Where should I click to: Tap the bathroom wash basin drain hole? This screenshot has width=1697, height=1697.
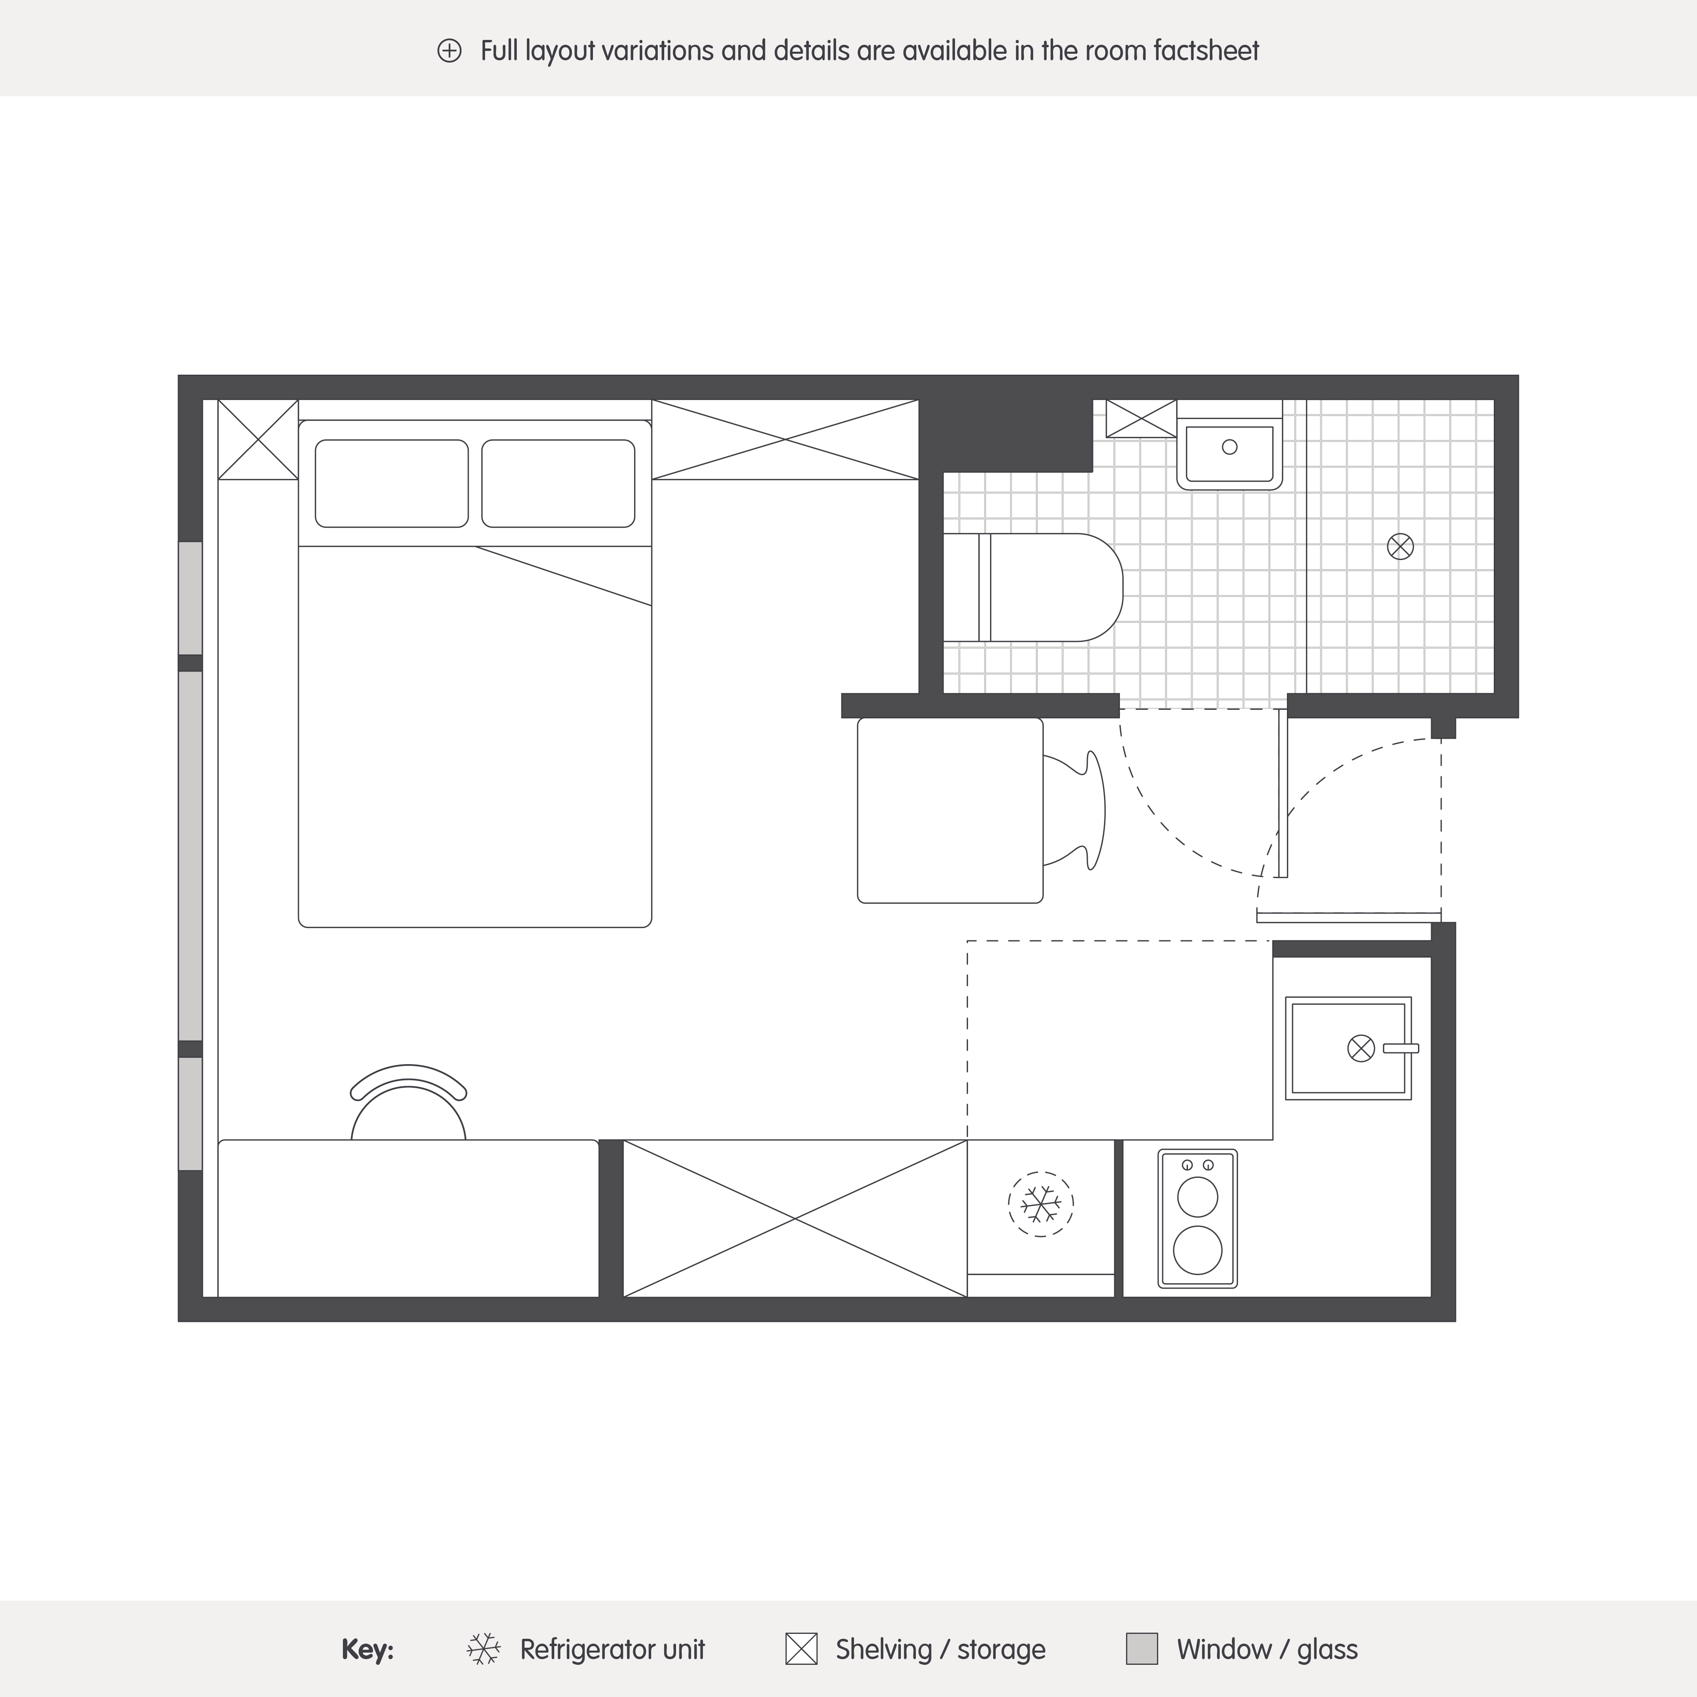tap(1230, 447)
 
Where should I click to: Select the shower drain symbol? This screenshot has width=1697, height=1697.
tap(1400, 547)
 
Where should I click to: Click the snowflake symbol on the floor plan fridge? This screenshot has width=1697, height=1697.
tap(1041, 1203)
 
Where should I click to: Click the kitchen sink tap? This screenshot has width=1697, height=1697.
tap(1401, 1048)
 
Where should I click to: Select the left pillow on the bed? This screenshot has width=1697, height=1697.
tap(392, 484)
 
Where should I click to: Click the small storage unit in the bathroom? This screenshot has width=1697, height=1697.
tap(1141, 418)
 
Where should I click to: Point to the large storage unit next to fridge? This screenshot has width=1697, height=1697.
tap(795, 1218)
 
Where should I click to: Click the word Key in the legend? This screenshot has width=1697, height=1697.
tap(367, 1650)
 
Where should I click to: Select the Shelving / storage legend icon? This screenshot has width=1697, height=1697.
tap(801, 1649)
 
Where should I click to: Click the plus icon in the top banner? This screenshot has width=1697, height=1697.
tap(449, 51)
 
